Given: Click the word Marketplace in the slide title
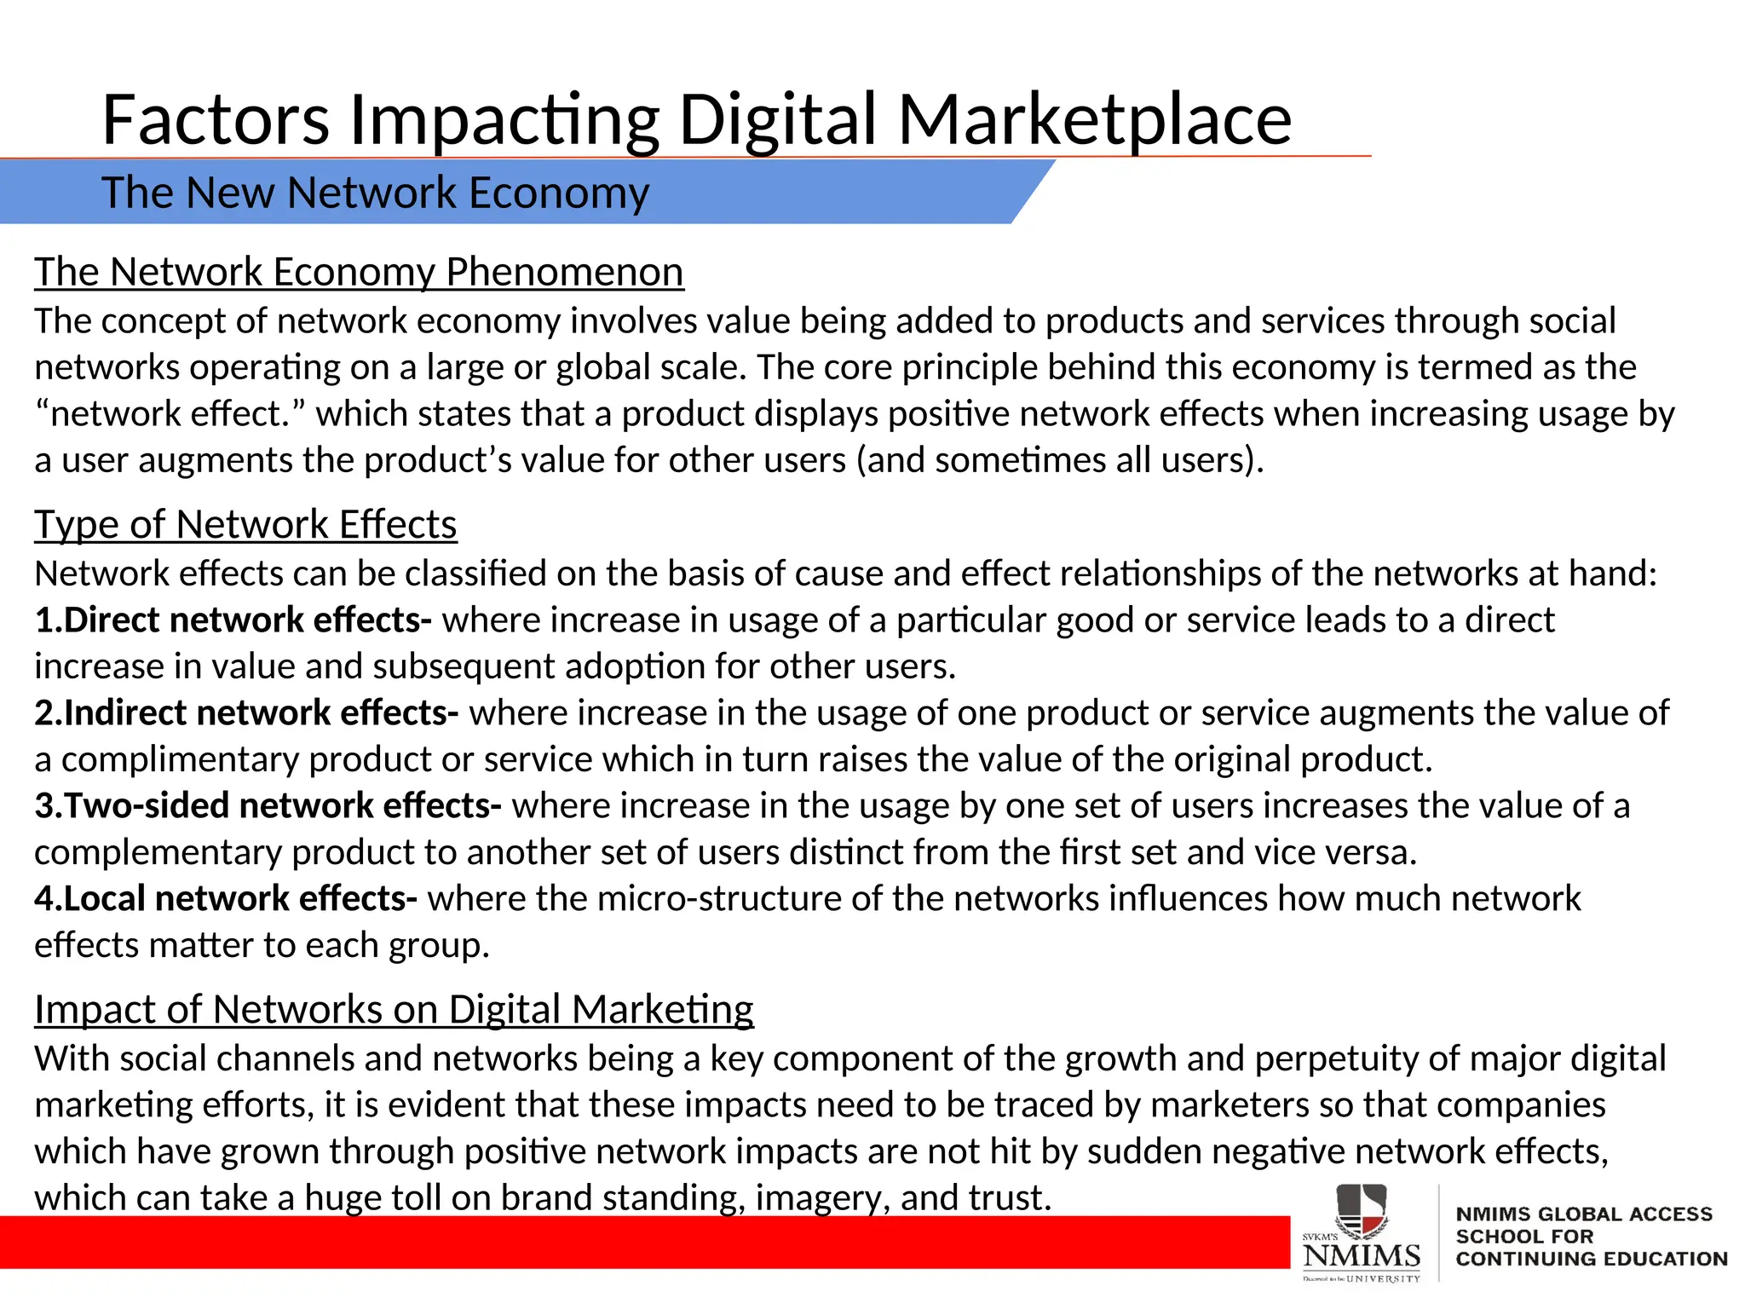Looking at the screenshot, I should pyautogui.click(x=1095, y=119).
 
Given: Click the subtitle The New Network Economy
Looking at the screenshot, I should pyautogui.click(x=375, y=193).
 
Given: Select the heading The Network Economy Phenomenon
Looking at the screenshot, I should pyautogui.click(x=359, y=273).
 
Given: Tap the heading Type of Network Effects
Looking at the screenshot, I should pyautogui.click(x=245, y=525).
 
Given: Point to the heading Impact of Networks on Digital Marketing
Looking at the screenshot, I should pyautogui.click(x=394, y=1010).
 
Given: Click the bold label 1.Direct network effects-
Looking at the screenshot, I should pyautogui.click(x=233, y=620).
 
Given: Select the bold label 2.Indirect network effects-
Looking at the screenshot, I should pyautogui.click(x=246, y=713).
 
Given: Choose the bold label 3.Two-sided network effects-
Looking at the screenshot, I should pyautogui.click(x=268, y=806).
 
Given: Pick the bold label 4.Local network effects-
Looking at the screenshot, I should pyautogui.click(x=226, y=899).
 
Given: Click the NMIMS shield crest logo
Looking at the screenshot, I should pyautogui.click(x=1361, y=1211).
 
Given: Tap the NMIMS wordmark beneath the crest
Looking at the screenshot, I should pyautogui.click(x=1362, y=1255).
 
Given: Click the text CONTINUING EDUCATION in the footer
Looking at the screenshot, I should pyautogui.click(x=1591, y=1260).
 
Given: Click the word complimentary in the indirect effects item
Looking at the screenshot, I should pyautogui.click(x=180, y=760).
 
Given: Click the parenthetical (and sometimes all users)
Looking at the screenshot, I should pyautogui.click(x=1059, y=461).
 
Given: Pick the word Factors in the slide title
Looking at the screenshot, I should pyautogui.click(x=216, y=119).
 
